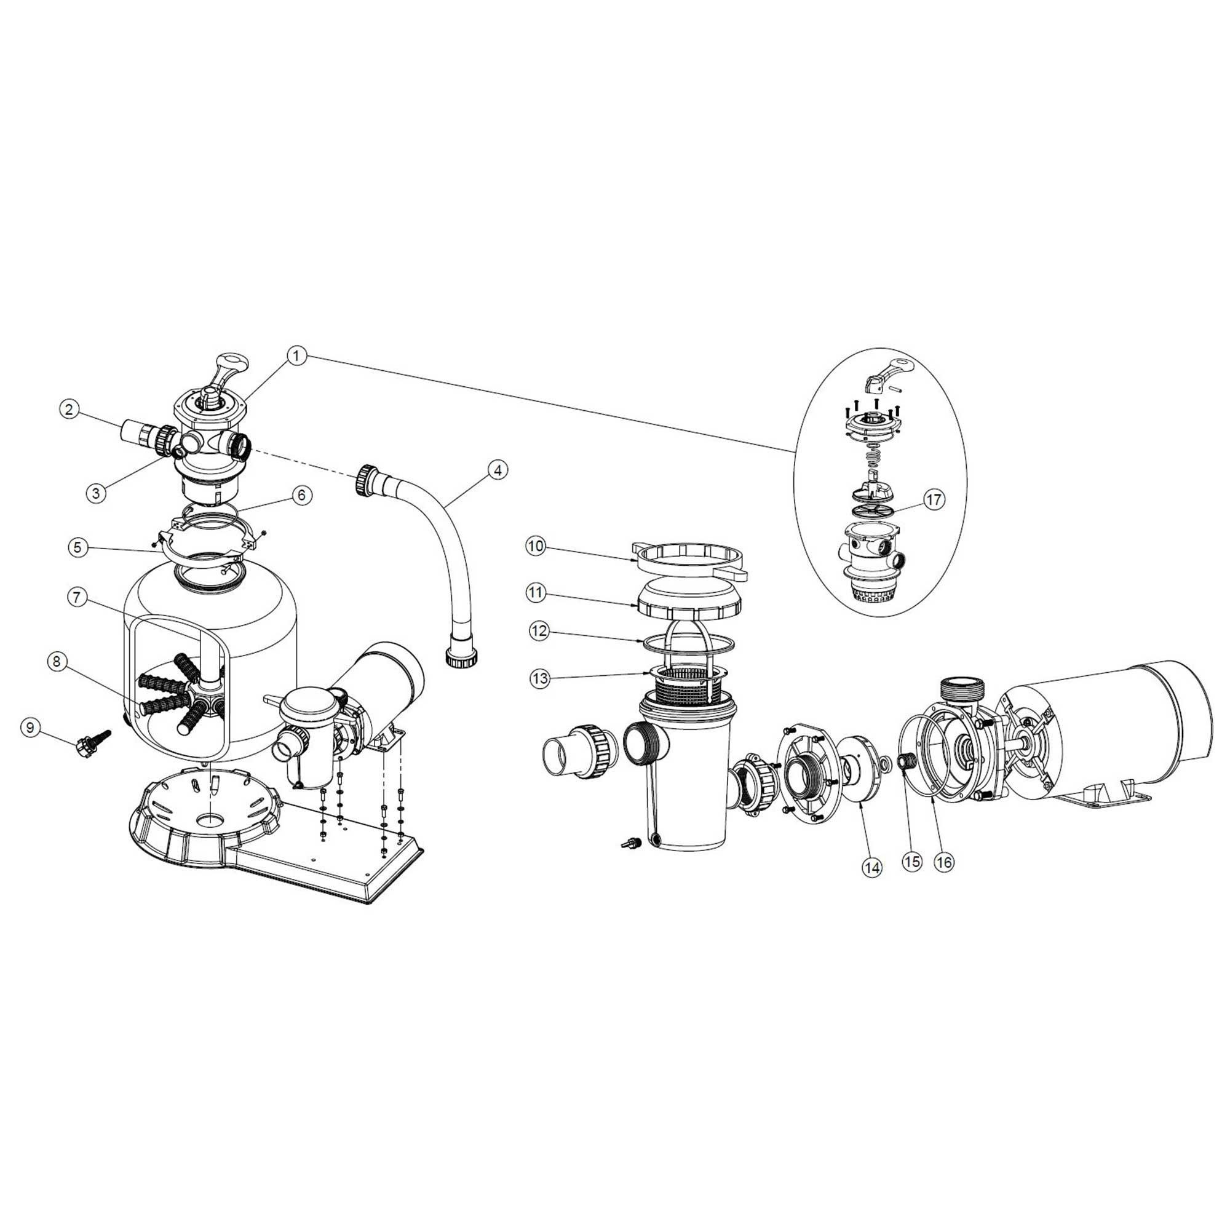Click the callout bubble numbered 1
(x=296, y=356)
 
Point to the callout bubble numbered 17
(x=934, y=500)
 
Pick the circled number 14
(x=871, y=867)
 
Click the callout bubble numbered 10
(x=536, y=546)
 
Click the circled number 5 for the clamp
(x=77, y=547)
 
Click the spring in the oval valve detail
(x=873, y=456)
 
